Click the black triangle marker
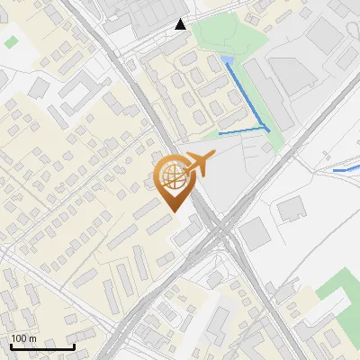(x=181, y=24)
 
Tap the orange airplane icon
(x=197, y=164)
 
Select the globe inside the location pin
(x=172, y=175)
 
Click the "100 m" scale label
(x=24, y=337)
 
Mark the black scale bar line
(x=42, y=346)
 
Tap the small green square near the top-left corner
(x=11, y=41)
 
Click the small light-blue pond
(x=227, y=61)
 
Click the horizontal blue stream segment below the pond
(x=243, y=132)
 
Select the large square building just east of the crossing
(x=254, y=235)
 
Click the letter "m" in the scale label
(x=32, y=337)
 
